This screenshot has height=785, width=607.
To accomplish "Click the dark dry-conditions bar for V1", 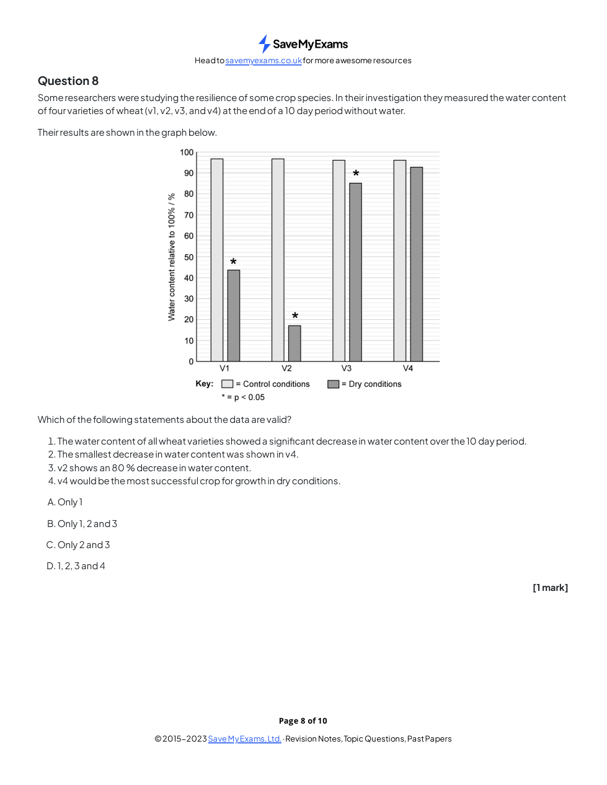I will [x=233, y=316].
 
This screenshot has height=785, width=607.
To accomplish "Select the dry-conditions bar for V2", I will [x=295, y=344].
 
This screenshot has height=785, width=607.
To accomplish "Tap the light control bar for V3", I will [x=339, y=260].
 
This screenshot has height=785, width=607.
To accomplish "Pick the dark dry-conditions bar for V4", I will [x=416, y=264].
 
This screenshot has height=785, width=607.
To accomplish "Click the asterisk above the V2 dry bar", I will [x=295, y=316].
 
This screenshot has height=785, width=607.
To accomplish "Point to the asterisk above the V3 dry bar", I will [x=356, y=174].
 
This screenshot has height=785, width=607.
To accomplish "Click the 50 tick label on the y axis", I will [x=188, y=257].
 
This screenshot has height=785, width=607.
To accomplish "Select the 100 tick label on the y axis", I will [x=187, y=153].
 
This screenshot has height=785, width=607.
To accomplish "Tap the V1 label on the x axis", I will [x=224, y=368].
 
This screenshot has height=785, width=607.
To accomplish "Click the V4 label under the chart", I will [x=408, y=368].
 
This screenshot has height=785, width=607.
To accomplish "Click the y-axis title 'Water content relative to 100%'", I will [x=172, y=257].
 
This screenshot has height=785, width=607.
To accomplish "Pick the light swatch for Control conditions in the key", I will [x=228, y=384].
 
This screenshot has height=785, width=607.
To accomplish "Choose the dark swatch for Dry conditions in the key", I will [x=334, y=384].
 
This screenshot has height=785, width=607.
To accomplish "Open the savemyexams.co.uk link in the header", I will [x=264, y=61].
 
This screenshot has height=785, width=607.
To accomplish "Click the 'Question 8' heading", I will [x=68, y=81].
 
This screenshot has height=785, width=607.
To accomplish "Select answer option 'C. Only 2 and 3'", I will [x=78, y=545].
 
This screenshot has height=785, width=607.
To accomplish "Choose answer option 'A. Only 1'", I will [x=65, y=502].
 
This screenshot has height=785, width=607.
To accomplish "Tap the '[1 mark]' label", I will [x=550, y=588].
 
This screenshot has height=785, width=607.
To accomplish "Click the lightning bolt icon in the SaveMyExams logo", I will [x=264, y=44].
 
